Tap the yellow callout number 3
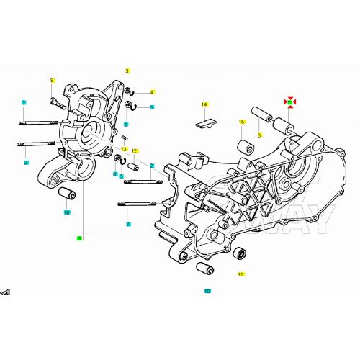127,71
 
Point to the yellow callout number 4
152,92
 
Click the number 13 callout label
124,149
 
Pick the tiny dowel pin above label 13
123,139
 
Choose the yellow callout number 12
134,150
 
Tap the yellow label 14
204,105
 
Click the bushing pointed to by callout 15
244,146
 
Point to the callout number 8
259,134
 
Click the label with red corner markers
289,102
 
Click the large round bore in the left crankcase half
92,132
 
